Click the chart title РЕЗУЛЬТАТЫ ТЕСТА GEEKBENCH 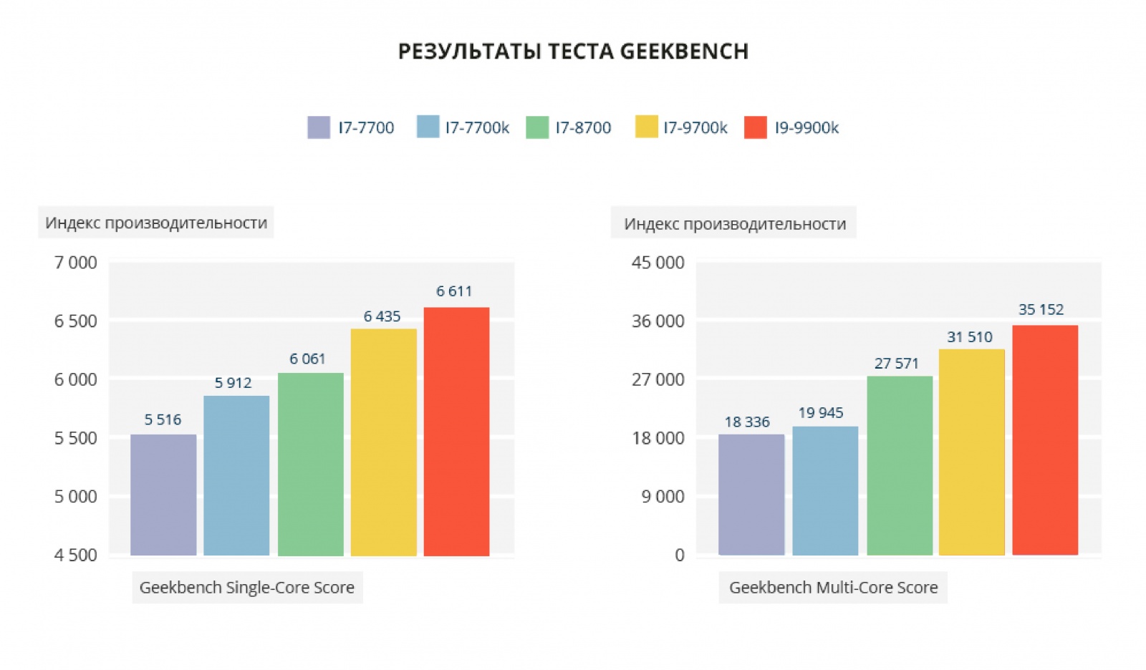coord(573,52)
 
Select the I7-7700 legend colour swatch coord(319,127)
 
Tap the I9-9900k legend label coord(806,128)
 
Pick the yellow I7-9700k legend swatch coord(646,127)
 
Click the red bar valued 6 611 coord(456,431)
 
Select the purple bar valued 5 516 coord(163,495)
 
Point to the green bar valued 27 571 coord(900,465)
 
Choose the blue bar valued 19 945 coord(825,490)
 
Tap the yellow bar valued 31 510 coord(971,452)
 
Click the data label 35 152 coord(1041,310)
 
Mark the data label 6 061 coord(307,359)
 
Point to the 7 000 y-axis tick coord(75,263)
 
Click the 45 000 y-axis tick coord(658,263)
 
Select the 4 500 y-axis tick coord(75,555)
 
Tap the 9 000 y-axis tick coord(663,496)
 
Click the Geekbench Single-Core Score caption coord(247,588)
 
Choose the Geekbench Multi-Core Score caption coord(833,588)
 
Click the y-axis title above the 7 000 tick coord(156,223)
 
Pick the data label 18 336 coord(747,422)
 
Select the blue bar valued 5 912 coord(236,475)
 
